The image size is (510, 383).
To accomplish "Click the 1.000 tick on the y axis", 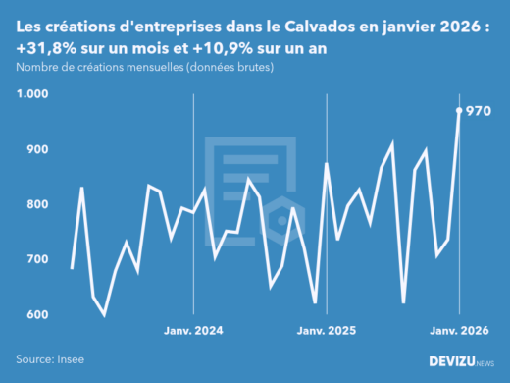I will point(32,94).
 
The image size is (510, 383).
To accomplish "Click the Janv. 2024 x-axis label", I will point(193,331).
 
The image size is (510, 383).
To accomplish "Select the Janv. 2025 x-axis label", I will point(326,331).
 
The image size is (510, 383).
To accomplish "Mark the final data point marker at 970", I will point(459,110).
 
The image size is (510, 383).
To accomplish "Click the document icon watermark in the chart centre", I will point(252,187).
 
